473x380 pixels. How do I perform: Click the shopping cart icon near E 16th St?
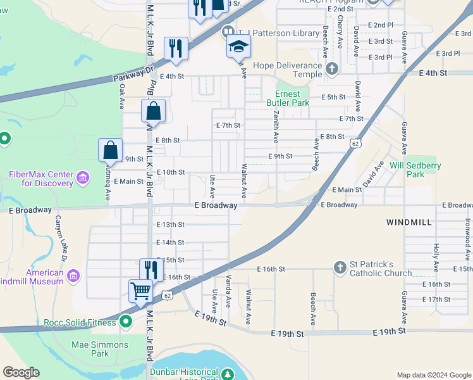point(140,291)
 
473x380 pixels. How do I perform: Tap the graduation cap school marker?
point(239,46)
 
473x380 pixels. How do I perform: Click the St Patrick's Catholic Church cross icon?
point(340,267)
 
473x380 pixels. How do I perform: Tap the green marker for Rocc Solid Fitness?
point(126,322)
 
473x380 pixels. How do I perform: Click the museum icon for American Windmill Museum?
point(73,276)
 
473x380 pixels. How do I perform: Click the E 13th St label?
point(170,225)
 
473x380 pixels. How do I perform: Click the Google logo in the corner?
point(21,372)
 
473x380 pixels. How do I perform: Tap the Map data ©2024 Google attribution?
point(433,375)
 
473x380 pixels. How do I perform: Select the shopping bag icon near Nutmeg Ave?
point(110,151)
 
